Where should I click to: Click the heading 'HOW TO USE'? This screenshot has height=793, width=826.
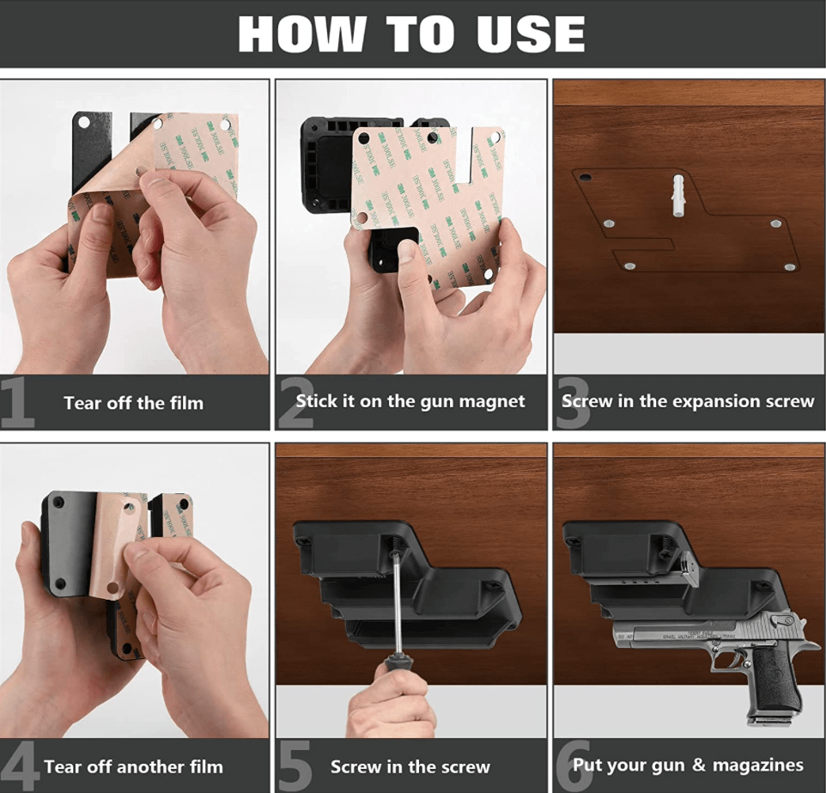pos(411,34)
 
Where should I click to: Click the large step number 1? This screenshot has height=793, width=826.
pos(17,402)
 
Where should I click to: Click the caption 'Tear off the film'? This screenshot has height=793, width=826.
pos(133,403)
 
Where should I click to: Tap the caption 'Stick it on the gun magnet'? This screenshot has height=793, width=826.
pos(410,401)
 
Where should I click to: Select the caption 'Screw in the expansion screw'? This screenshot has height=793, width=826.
pos(688,401)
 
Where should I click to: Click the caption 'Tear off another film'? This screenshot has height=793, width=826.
pos(133,766)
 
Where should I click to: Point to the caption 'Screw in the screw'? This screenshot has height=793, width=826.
pos(410,767)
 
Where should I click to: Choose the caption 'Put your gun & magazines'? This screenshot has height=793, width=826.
pos(688,765)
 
